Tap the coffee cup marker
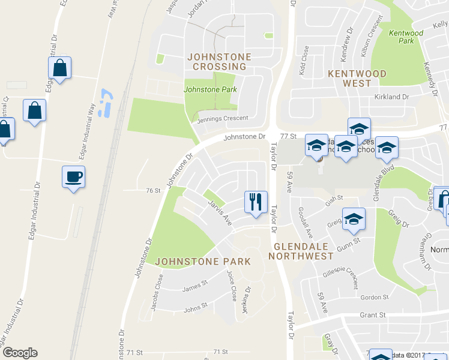(74, 177)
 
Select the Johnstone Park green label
(210, 89)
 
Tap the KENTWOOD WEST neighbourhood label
(357, 79)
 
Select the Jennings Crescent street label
(223, 118)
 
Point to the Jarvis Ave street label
(220, 212)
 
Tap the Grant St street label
(373, 315)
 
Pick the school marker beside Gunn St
(354, 218)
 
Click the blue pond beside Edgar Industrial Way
(106, 103)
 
